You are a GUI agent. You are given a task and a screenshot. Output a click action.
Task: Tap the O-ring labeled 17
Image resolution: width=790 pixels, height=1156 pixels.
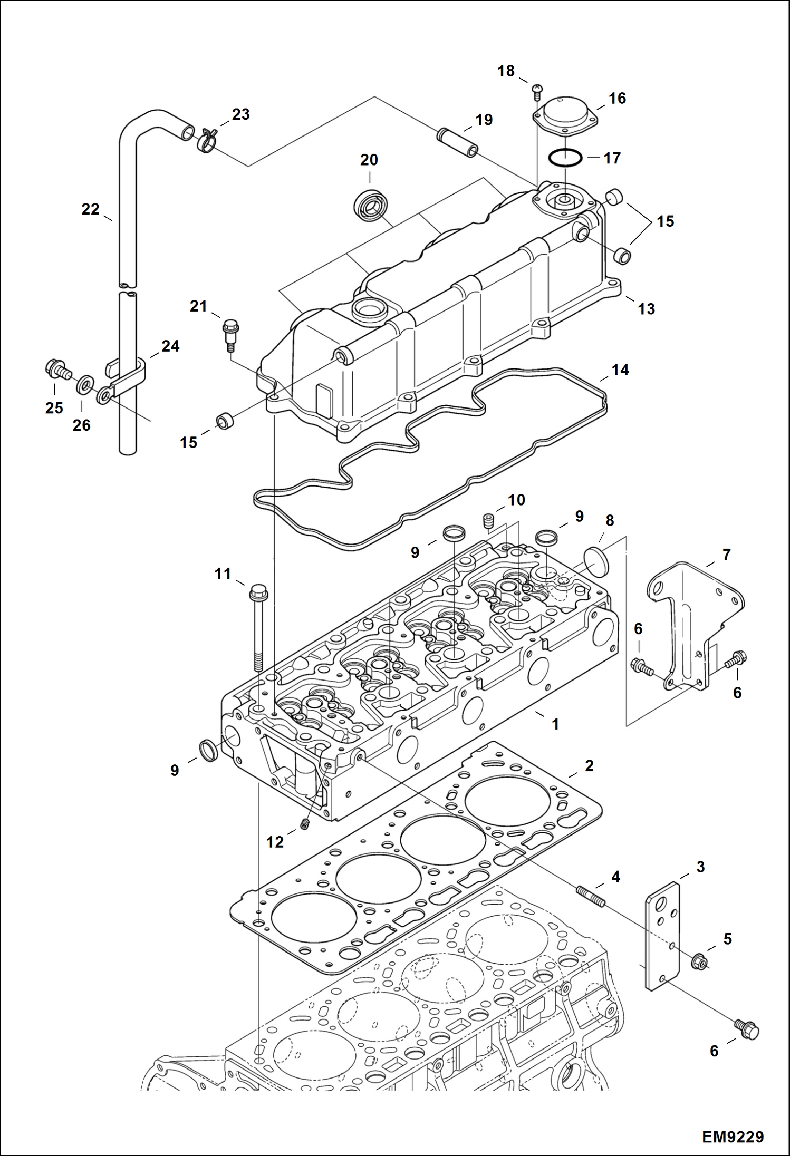[x=565, y=157]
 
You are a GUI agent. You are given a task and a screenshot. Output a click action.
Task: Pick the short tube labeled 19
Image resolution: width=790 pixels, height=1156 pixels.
[x=457, y=142]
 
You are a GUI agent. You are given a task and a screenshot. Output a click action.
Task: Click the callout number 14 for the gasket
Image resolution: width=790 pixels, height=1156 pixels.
[x=620, y=370]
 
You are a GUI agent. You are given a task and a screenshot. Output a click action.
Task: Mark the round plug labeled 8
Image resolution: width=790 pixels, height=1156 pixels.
[x=596, y=561]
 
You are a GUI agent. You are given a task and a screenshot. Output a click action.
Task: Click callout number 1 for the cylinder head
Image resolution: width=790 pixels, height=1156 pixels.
[x=555, y=724]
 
